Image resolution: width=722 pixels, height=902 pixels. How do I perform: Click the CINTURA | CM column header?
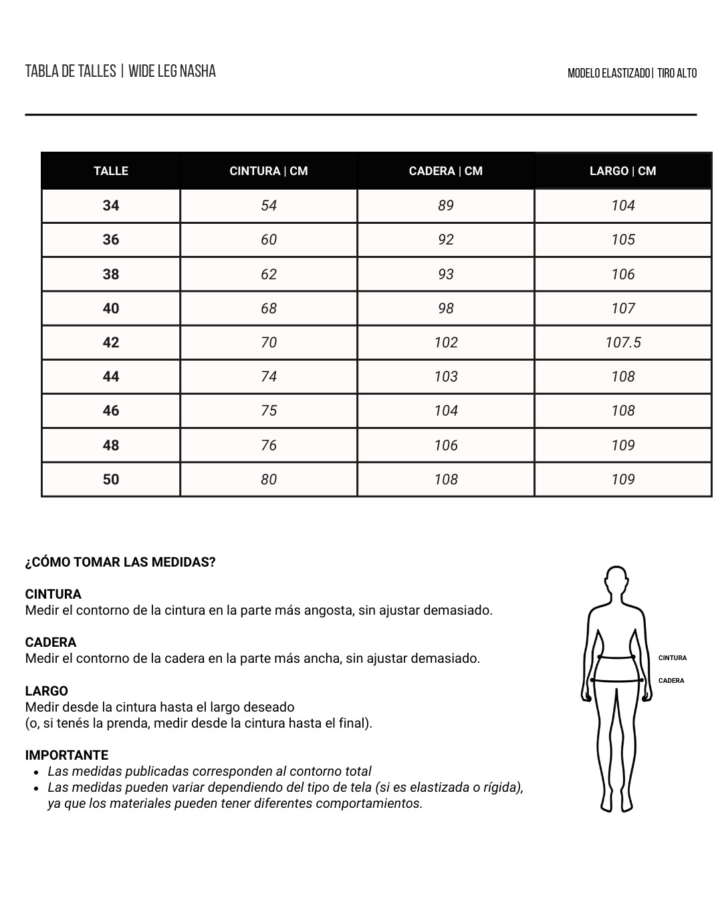click(x=269, y=171)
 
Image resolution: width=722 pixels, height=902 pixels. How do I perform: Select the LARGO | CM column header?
click(x=622, y=171)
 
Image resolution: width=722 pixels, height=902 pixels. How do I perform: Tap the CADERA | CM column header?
click(x=445, y=171)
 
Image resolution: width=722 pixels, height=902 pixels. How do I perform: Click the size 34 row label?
click(x=111, y=206)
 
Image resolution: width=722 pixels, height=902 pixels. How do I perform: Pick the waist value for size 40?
click(x=269, y=309)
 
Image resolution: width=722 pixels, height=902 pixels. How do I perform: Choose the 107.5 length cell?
click(x=622, y=343)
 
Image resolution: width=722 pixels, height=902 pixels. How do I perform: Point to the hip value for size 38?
click(x=445, y=275)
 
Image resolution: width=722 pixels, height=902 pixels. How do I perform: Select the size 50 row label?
click(x=111, y=480)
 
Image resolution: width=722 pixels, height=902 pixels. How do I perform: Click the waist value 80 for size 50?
click(x=269, y=480)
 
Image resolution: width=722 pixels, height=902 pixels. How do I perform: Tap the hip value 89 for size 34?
click(x=445, y=206)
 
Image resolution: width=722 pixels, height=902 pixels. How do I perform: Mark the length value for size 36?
click(x=622, y=240)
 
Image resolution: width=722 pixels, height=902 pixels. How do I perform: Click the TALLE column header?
click(x=111, y=171)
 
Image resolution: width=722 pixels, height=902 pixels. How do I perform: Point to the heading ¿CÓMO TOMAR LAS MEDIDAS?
click(x=120, y=563)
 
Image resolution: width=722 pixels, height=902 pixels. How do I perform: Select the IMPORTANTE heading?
click(x=66, y=755)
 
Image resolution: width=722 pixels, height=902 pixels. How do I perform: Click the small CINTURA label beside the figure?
click(x=672, y=658)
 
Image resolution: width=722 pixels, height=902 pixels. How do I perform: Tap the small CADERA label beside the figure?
click(x=671, y=681)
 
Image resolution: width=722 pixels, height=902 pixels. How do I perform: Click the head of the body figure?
click(x=616, y=583)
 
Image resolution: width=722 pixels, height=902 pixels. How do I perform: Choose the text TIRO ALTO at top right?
click(x=677, y=73)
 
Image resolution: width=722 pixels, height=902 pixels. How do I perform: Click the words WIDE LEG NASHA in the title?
click(x=172, y=71)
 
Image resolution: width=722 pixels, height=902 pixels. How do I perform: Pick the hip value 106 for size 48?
click(x=445, y=446)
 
